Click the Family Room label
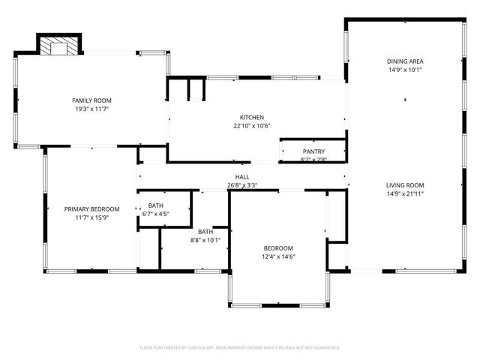pos(91,100)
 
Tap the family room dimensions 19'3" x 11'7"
pos(91,109)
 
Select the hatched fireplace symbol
pos(57,47)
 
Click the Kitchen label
pos(251,117)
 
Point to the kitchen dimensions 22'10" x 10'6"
pos(251,125)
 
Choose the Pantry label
pos(313,151)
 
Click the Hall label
pos(242,177)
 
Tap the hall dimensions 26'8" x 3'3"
pos(242,185)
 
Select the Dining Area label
pos(405,61)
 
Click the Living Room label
pos(405,185)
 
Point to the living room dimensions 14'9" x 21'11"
pos(405,193)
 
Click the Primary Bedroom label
pos(91,209)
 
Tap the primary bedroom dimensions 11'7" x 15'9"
pos(91,217)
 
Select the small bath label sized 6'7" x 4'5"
pos(156,205)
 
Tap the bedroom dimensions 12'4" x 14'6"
pos(277,257)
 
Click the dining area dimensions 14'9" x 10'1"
pos(405,70)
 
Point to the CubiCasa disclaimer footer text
pos(240,347)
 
